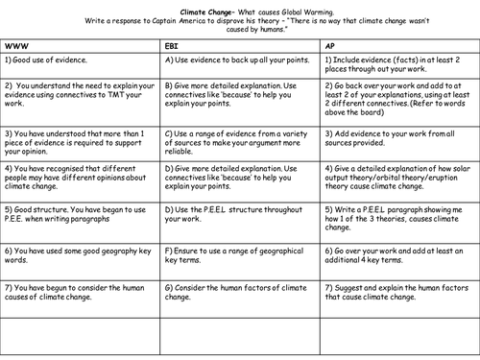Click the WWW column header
pyautogui.click(x=16, y=44)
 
